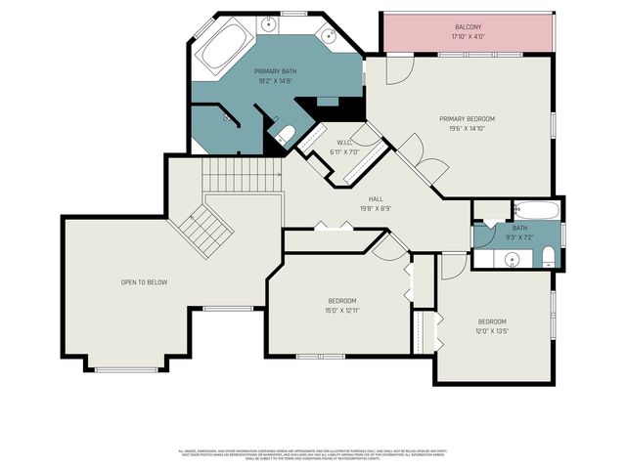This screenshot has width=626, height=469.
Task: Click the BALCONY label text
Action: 468,26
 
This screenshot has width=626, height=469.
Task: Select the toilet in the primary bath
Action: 286,135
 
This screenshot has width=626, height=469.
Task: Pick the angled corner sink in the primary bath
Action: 333,36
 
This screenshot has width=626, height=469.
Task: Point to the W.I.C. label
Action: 343,142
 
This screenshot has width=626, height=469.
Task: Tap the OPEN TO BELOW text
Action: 144,282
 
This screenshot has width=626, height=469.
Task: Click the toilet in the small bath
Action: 548,258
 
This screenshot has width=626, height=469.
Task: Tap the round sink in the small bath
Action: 511,259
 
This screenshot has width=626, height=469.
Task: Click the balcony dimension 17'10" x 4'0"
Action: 468,37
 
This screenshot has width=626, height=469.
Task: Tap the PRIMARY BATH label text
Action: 275,71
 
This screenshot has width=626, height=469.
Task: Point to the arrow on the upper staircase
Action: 277,175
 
